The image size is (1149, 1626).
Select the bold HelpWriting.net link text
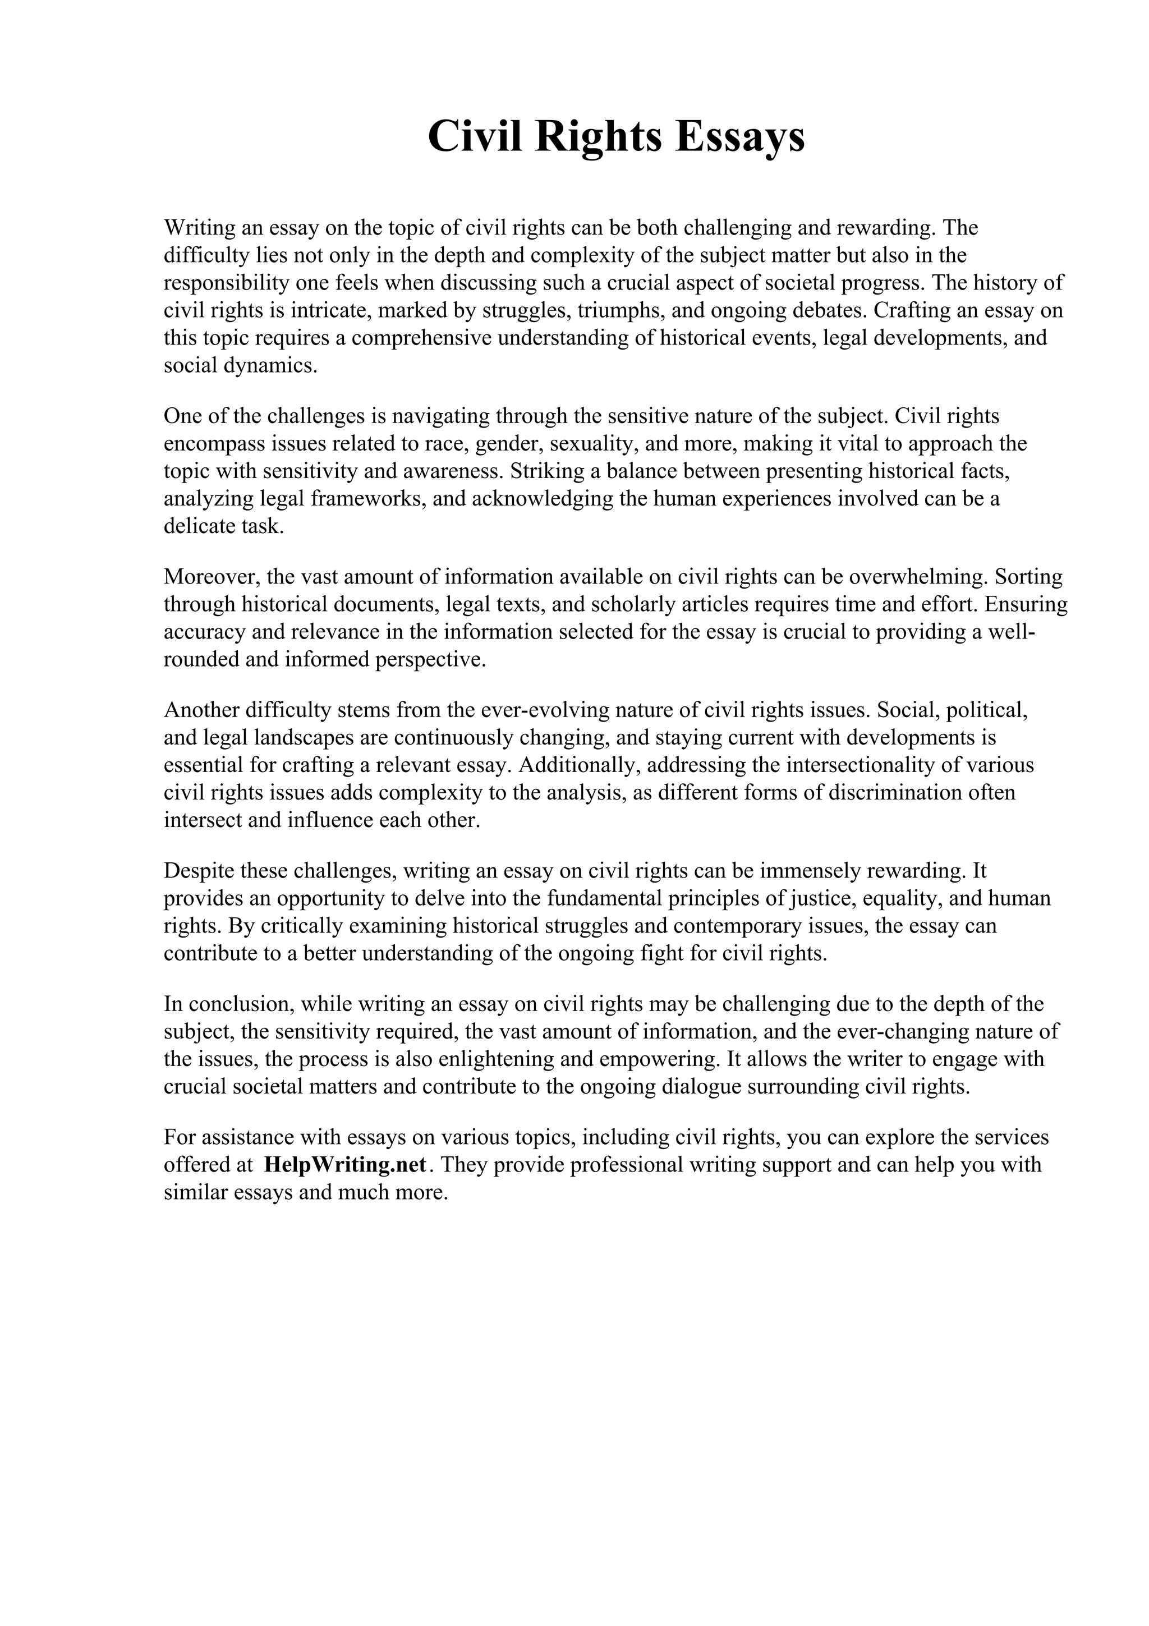tap(345, 1164)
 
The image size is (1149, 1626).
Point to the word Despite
tap(200, 870)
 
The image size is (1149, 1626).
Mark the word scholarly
tap(644, 604)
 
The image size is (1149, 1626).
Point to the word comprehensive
tap(421, 338)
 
